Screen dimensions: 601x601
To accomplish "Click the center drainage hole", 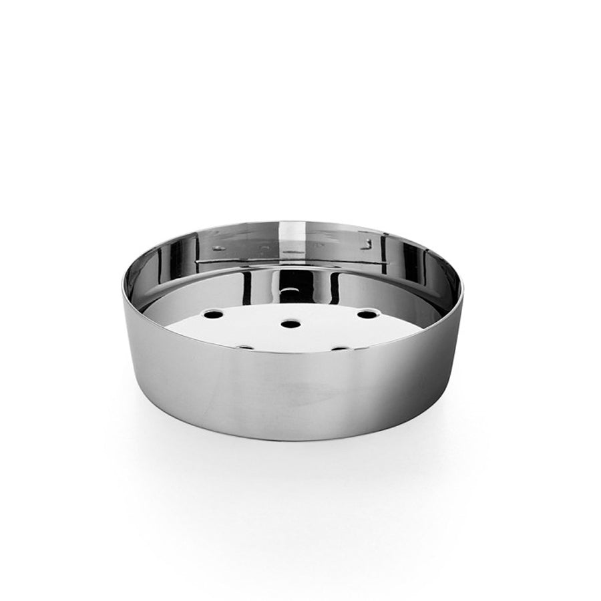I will [290, 324].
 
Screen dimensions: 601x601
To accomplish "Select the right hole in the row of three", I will [366, 313].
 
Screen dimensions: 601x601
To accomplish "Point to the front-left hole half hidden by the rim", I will [244, 347].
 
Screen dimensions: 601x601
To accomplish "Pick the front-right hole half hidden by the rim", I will [341, 348].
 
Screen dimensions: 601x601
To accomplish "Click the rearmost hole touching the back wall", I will [290, 292].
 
